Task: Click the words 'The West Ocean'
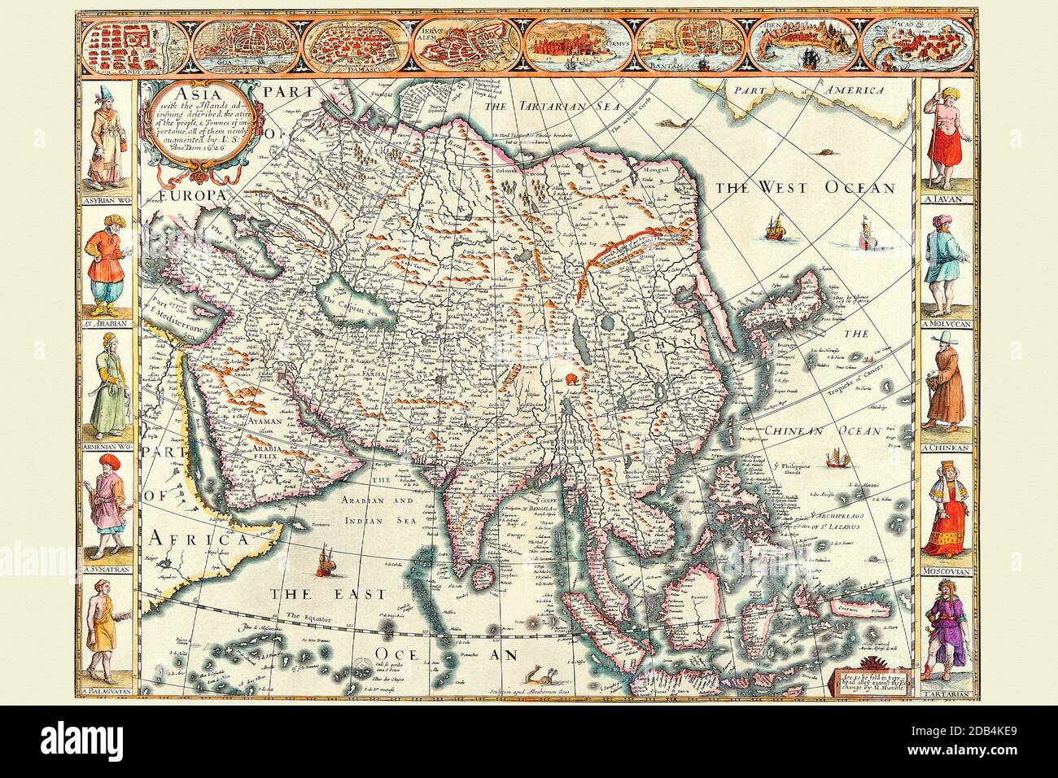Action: [805, 188]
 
